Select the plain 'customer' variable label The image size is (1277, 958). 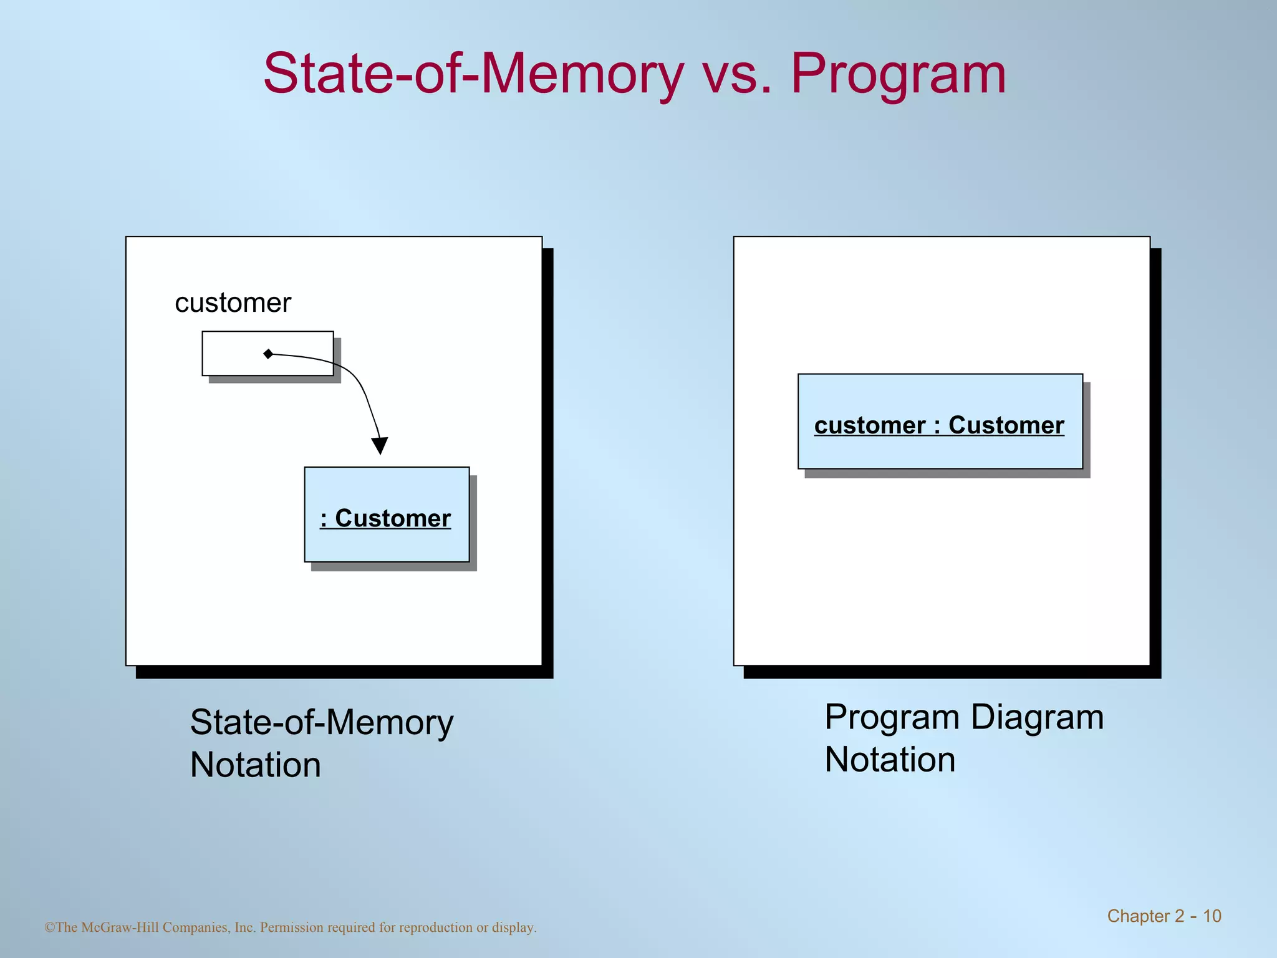tap(233, 303)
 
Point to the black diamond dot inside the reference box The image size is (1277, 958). tap(268, 354)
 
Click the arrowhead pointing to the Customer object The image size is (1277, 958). tap(379, 445)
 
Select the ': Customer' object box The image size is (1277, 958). tap(387, 515)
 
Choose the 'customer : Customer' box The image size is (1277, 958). tap(940, 422)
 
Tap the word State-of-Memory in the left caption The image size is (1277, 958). tap(322, 723)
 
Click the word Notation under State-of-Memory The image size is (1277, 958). tap(256, 765)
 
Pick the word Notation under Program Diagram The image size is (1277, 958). tap(890, 760)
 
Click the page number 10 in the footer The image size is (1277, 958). tap(1212, 916)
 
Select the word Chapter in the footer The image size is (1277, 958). tap(1138, 916)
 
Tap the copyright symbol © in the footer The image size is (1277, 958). tap(49, 927)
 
